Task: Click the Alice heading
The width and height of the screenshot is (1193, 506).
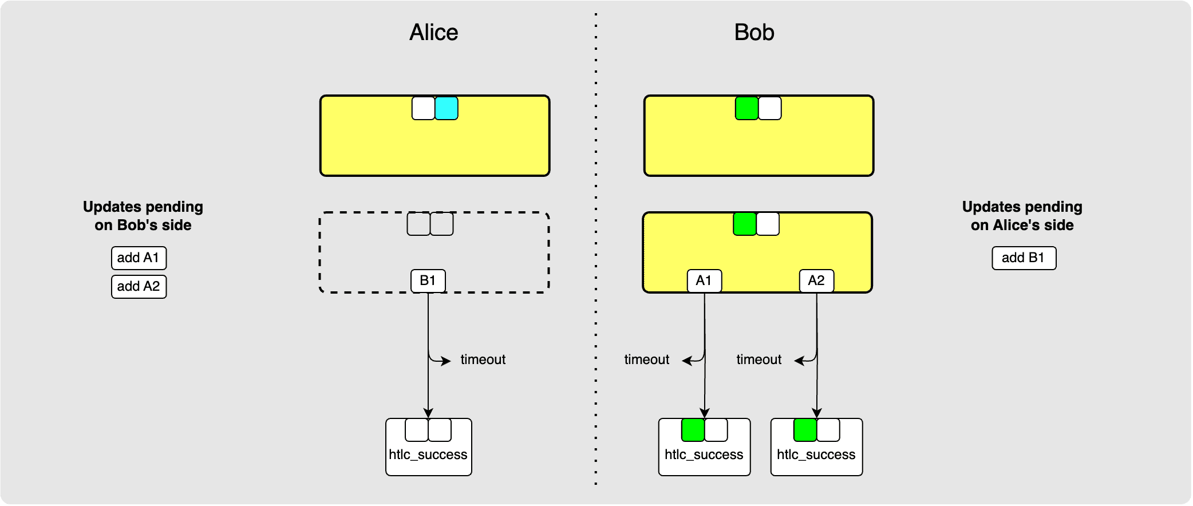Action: (433, 33)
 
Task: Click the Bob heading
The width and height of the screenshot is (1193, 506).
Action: (754, 33)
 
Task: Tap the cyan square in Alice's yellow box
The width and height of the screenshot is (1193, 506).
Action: (447, 108)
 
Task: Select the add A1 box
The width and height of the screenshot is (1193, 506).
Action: (139, 258)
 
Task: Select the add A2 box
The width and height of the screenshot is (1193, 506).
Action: (139, 286)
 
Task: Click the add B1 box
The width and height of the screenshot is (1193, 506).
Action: (1024, 258)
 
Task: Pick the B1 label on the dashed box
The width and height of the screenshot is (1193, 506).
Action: (428, 280)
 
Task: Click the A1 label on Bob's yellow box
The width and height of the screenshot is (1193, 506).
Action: (704, 280)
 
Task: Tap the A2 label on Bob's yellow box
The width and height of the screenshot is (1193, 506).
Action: (816, 280)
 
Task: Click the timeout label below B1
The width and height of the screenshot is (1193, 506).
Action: (483, 359)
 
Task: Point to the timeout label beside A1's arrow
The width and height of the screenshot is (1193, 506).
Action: (646, 359)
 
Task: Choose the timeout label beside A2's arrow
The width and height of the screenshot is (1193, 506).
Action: (759, 359)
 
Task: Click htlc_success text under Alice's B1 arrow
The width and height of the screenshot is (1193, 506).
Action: (428, 454)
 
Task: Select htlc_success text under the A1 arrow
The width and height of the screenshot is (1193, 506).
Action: (704, 454)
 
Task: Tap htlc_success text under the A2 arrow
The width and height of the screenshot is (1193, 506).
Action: (816, 454)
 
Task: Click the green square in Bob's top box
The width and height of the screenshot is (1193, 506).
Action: (746, 108)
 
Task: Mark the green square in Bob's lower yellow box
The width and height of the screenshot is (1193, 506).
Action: (744, 224)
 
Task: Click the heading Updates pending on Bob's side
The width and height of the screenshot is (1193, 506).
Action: (143, 216)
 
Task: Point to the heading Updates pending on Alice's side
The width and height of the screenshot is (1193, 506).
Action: (1022, 216)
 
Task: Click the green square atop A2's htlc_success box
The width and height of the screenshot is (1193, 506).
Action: (805, 430)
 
